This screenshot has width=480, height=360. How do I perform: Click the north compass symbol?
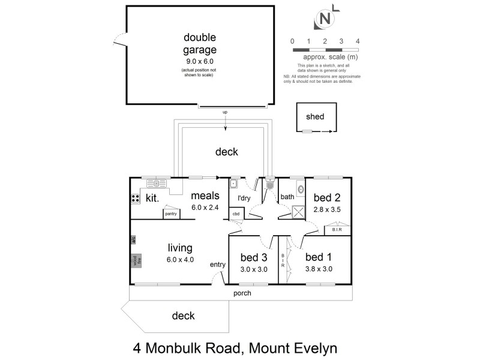click(325, 19)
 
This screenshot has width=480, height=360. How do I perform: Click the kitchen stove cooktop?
click(135, 199)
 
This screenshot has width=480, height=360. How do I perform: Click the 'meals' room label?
click(205, 196)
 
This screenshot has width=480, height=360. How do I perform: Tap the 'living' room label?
click(179, 247)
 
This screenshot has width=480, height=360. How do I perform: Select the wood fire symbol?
click(136, 260)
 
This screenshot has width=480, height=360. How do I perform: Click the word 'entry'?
click(217, 265)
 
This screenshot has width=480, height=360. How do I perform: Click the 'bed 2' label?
click(326, 197)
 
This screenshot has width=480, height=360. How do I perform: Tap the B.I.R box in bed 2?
click(333, 229)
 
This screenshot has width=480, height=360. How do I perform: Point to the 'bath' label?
click(287, 196)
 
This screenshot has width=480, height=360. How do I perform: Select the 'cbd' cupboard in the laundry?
click(236, 214)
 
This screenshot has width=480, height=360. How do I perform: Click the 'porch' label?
click(242, 293)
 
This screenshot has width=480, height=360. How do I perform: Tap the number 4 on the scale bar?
click(358, 41)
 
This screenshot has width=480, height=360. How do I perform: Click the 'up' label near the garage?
click(225, 112)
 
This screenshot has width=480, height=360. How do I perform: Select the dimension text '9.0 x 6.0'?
click(200, 61)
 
